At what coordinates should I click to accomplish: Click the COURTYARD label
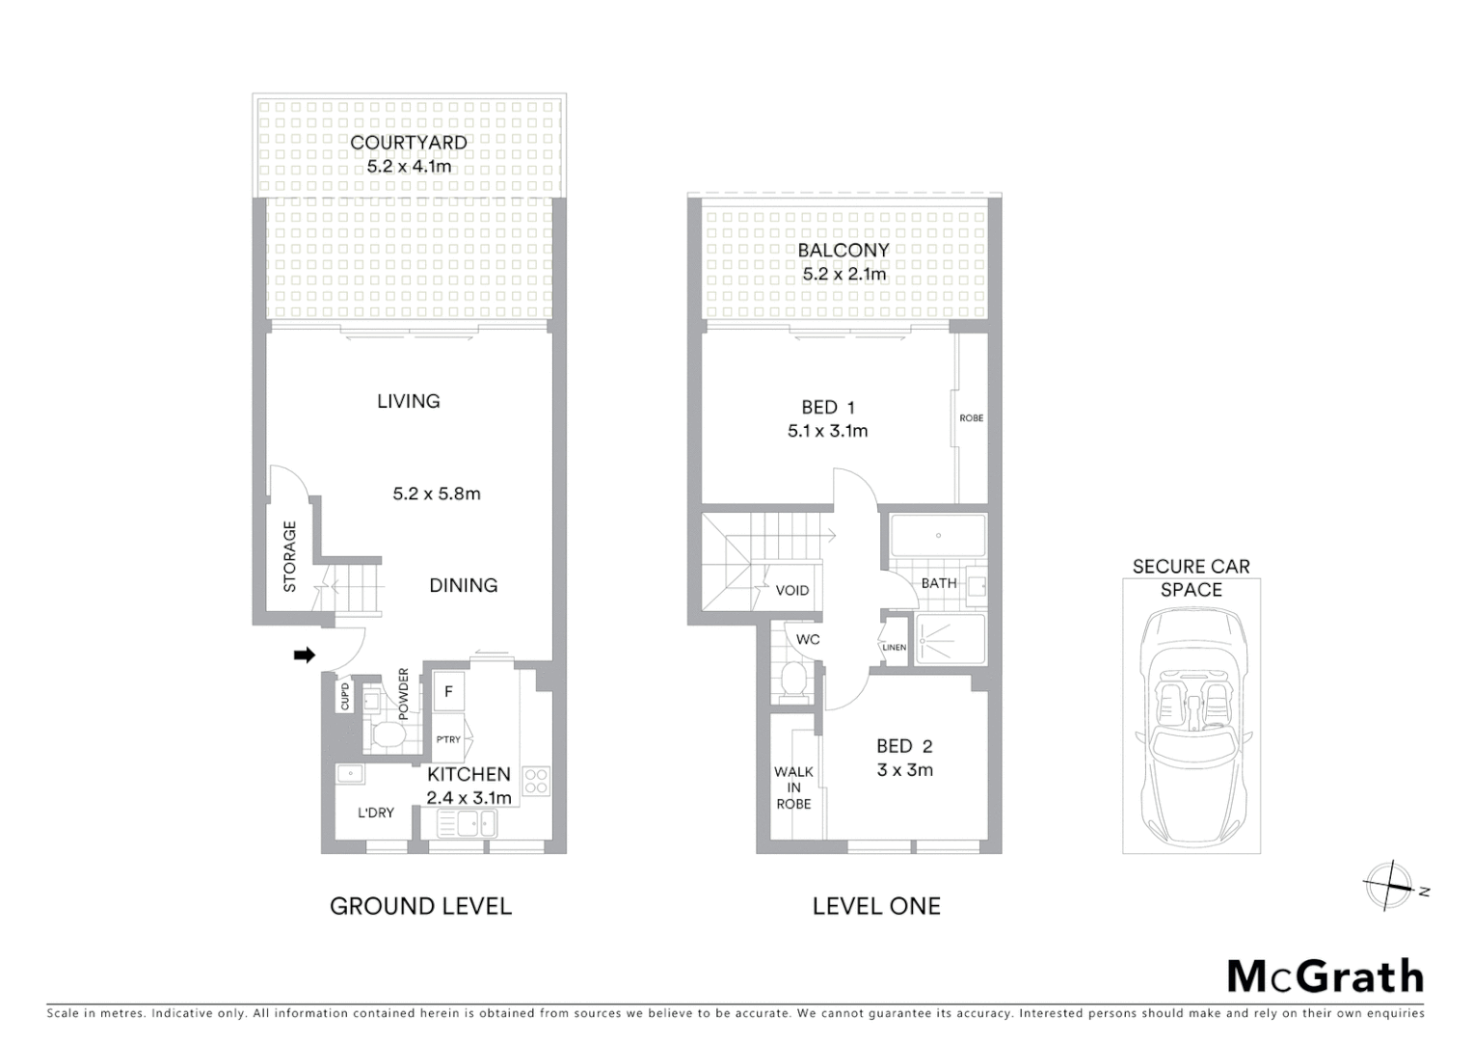[x=409, y=143]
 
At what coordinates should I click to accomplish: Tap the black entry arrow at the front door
[x=305, y=655]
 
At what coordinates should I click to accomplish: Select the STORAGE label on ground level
[x=290, y=556]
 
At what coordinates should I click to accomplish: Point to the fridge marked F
[x=448, y=692]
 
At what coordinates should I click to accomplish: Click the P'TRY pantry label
[x=448, y=739]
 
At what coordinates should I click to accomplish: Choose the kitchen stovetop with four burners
[x=535, y=781]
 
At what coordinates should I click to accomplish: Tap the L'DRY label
[x=376, y=813]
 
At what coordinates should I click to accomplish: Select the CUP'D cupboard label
[x=345, y=697]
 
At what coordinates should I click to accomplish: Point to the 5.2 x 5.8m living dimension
[x=437, y=494]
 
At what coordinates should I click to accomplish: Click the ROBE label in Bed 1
[x=971, y=418]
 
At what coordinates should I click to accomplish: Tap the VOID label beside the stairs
[x=792, y=590]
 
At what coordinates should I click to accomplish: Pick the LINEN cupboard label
[x=894, y=647]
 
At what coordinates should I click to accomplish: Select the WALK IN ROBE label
[x=793, y=787]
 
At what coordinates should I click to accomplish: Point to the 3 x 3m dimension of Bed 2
[x=905, y=770]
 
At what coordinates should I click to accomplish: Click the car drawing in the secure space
[x=1192, y=723]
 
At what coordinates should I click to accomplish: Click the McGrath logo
[x=1326, y=976]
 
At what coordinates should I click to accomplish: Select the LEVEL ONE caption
[x=876, y=906]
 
